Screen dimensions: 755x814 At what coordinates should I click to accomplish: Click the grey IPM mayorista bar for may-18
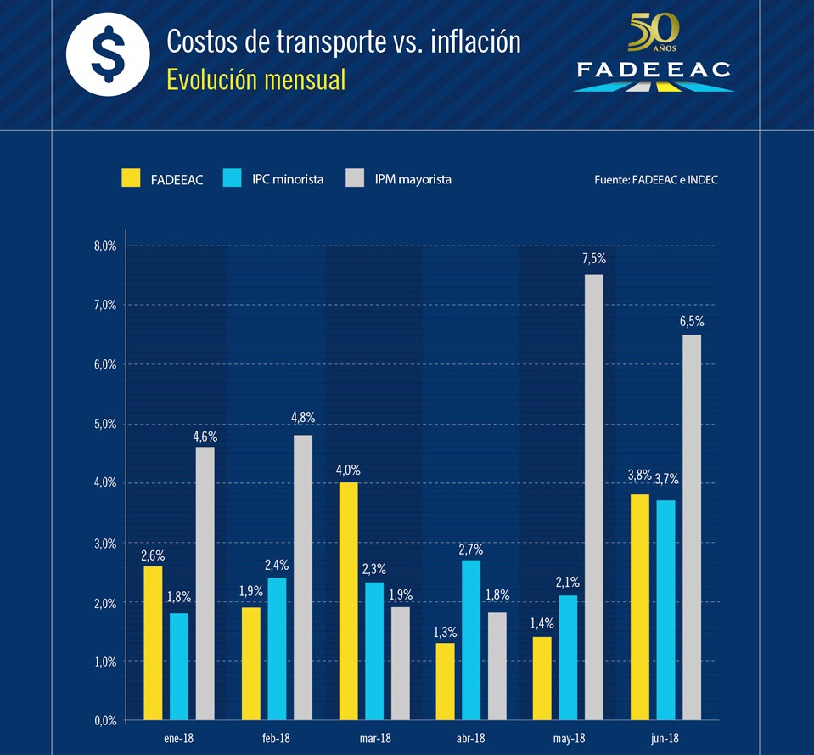coord(594,497)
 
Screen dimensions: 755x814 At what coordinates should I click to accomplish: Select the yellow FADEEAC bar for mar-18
coord(348,601)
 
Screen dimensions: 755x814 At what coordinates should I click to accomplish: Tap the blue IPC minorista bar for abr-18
coord(472,639)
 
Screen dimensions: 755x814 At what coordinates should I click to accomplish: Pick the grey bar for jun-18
coord(693,527)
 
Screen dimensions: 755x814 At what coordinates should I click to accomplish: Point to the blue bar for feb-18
coord(278,649)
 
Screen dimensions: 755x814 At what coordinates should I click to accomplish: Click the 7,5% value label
coord(594,259)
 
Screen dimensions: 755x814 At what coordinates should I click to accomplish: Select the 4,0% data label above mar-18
coord(348,468)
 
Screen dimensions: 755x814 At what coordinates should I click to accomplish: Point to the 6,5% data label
coord(693,321)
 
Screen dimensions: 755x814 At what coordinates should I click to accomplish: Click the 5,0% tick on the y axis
coord(105,424)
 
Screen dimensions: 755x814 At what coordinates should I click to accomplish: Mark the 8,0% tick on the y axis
coord(105,245)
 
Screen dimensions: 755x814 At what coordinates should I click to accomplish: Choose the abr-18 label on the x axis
coord(469,739)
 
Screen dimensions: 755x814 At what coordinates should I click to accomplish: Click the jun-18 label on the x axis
coord(665,739)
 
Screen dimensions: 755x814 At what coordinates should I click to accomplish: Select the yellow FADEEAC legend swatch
coord(132,178)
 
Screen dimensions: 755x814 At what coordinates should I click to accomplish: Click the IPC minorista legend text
coord(288,179)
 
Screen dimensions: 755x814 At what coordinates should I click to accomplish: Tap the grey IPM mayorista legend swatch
coord(356,178)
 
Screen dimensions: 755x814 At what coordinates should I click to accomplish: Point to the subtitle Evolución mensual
coord(256,80)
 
